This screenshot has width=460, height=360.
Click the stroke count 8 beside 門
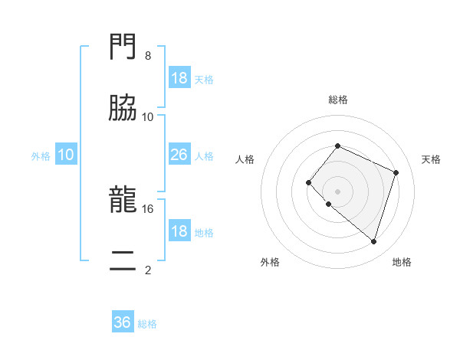[x=148, y=56]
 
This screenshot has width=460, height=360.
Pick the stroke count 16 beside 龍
[x=148, y=208]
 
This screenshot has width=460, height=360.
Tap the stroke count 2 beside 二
[x=148, y=269]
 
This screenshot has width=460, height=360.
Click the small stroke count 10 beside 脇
[x=148, y=117]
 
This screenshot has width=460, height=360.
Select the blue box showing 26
[x=179, y=155]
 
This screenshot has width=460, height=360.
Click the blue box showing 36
[x=123, y=322]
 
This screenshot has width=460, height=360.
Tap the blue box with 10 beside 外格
[x=66, y=155]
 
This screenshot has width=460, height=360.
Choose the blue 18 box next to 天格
[x=179, y=78]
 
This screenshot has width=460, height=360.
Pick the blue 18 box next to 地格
[x=179, y=231]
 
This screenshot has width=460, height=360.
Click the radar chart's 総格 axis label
[x=337, y=100]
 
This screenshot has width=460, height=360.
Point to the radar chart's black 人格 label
[x=245, y=159]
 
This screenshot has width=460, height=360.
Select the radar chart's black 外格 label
[x=270, y=262]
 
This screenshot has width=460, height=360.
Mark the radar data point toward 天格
[x=396, y=172]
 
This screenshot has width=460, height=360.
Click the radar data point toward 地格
[x=373, y=241]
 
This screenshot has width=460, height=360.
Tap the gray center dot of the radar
[x=337, y=191]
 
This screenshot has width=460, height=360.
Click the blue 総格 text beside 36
[x=147, y=324]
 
